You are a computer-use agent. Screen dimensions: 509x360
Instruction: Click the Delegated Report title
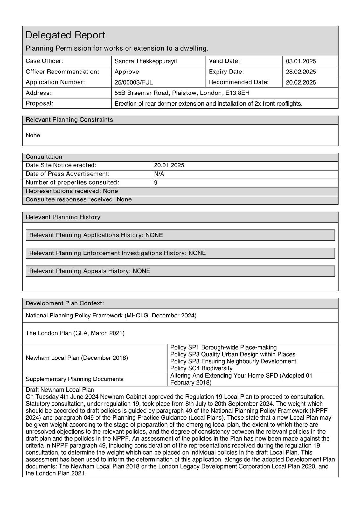coord(65,35)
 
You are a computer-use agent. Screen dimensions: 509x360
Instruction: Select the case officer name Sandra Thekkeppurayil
coord(145,61)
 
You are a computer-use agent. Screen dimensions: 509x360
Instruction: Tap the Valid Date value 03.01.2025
coord(301,61)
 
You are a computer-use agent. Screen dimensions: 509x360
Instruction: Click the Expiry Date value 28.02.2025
coord(301,72)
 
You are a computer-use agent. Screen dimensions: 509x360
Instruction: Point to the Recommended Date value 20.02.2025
coord(301,83)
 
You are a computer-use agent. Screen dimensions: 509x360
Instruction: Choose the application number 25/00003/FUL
coord(134,83)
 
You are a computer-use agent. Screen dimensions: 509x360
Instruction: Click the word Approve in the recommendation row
coord(127,72)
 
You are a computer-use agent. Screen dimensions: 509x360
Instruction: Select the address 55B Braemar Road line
coord(182,93)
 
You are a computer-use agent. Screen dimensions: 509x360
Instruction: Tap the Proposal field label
coord(39,103)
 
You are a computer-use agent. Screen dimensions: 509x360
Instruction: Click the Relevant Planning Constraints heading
coord(69,120)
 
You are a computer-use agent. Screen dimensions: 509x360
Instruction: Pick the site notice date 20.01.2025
coord(169,165)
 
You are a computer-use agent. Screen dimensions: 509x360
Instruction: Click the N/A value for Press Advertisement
coord(159,174)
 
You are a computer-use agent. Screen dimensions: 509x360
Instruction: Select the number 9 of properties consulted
coord(156,183)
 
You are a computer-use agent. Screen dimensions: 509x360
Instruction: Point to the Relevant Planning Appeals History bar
coord(180,271)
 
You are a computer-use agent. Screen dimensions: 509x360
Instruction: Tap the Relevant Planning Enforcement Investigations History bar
coord(180,253)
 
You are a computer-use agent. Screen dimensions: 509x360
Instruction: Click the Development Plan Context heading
coord(65,303)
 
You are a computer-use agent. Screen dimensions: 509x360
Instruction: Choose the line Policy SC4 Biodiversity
coord(201,368)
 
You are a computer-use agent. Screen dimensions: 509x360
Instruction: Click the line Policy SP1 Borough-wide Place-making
coord(223,347)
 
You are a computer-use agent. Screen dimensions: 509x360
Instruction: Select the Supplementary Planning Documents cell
coord(74,379)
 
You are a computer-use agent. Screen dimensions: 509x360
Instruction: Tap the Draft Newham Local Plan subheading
coord(60,390)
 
